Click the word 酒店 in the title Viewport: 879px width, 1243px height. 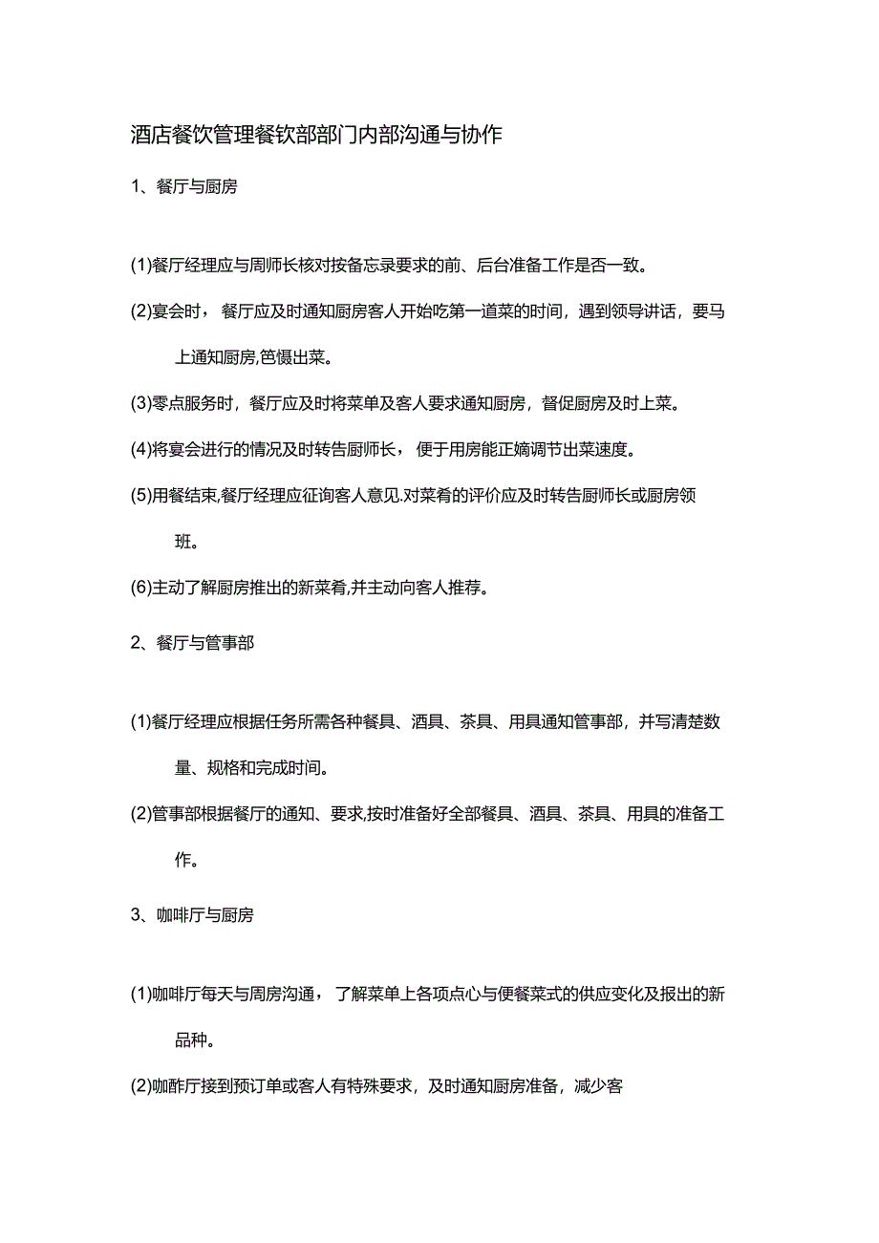tap(148, 136)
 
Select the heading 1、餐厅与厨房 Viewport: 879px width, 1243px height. tap(183, 187)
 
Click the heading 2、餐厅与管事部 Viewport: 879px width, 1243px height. tap(192, 643)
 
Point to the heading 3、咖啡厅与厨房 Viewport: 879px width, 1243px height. tap(192, 915)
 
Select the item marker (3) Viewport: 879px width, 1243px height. tap(140, 403)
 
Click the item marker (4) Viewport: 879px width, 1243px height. tap(140, 449)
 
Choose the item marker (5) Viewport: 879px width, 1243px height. tap(140, 495)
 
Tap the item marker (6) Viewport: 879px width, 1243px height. tap(140, 588)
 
